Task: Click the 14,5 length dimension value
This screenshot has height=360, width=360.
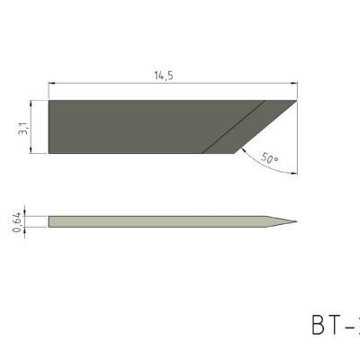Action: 164,76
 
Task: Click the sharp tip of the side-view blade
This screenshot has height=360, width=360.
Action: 296,220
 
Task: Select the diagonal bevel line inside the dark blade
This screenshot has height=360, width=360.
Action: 234,126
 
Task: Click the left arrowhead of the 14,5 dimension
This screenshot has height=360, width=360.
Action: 51,86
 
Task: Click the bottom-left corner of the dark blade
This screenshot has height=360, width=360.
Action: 48,153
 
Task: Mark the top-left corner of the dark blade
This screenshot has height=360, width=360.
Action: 48,100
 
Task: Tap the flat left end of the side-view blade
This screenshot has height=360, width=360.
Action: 49,220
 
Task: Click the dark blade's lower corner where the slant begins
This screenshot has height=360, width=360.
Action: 236,153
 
